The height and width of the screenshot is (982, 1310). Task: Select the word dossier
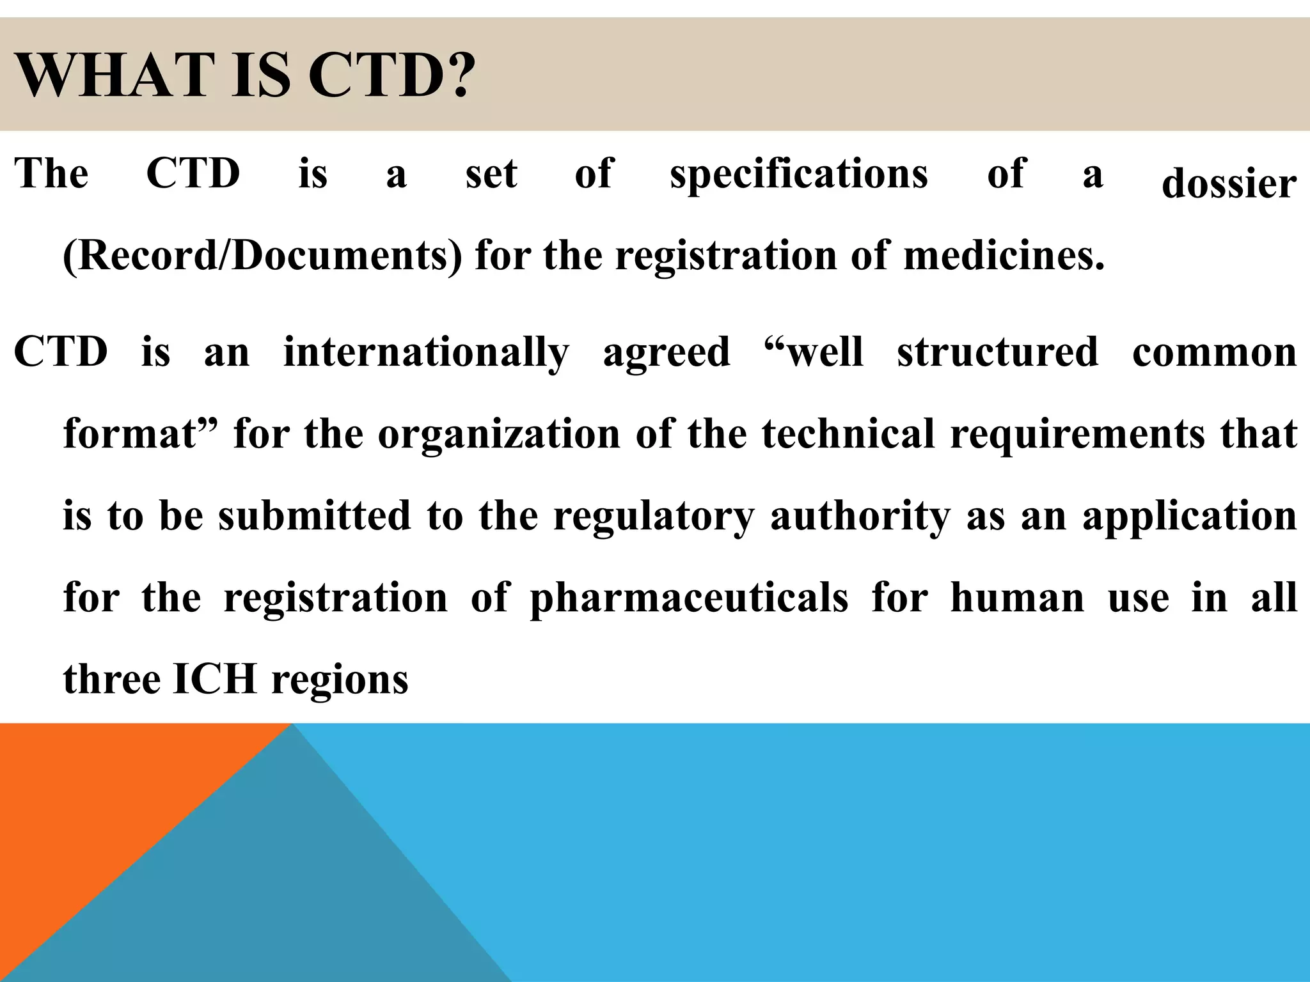(x=1229, y=183)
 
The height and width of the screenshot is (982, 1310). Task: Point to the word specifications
(x=798, y=175)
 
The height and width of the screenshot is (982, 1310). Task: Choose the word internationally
(x=426, y=352)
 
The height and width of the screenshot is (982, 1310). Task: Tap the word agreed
(x=666, y=352)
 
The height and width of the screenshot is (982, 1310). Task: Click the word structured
(x=997, y=352)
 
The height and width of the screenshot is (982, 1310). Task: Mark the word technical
(x=848, y=434)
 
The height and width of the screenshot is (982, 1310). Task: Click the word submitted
(x=314, y=516)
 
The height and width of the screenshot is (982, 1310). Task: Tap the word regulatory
(x=653, y=516)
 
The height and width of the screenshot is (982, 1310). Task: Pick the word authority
(x=860, y=516)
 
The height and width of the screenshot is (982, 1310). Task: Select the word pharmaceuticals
(x=689, y=598)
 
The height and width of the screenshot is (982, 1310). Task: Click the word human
(x=1017, y=598)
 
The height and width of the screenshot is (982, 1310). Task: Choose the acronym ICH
(x=214, y=679)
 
